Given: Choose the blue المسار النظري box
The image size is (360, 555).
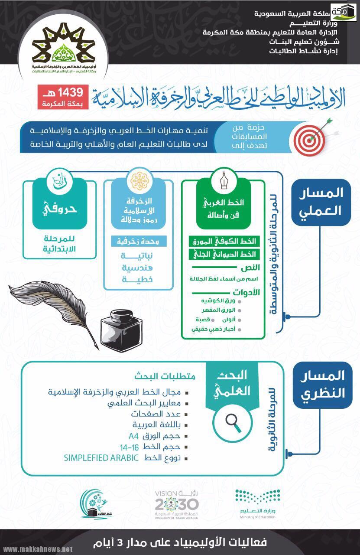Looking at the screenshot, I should pyautogui.click(x=321, y=385).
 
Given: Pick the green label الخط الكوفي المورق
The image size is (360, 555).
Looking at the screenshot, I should pyautogui.click(x=223, y=241).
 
